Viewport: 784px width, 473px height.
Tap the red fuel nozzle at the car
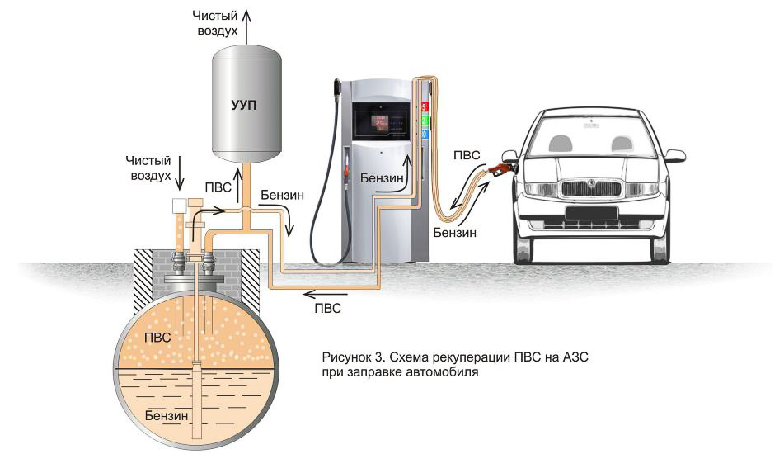pos(499,169)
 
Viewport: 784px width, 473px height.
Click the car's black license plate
pos(591,213)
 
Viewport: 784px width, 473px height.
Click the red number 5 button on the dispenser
pos(425,107)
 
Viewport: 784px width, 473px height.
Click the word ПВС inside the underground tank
pos(157,338)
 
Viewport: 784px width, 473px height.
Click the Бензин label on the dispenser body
pos(382,178)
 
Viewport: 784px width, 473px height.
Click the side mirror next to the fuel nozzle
pos(509,156)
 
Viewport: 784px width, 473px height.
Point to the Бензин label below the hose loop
pos(455,233)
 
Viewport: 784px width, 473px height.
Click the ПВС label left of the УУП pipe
pos(218,187)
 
